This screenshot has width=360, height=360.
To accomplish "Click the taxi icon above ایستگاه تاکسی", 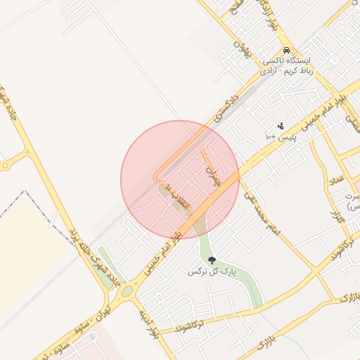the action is click(286, 51).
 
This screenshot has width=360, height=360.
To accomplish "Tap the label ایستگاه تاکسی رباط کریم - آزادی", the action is click(286, 66).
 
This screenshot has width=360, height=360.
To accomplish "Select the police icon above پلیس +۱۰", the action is click(281, 126).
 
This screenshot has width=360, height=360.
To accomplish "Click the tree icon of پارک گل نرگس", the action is click(212, 261).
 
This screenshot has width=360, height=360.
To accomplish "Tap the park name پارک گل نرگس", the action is click(212, 271).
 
